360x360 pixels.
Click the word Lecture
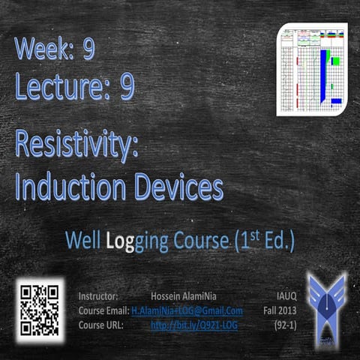pos(63,88)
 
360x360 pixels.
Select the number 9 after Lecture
pos(127,88)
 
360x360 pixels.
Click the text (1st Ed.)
pos(264,241)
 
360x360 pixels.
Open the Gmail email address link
pos(187,310)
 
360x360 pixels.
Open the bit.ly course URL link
pos(194,325)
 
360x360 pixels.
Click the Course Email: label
pos(103,310)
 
